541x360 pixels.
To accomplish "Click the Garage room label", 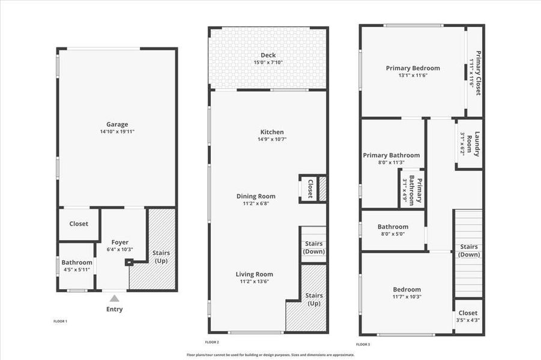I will (117, 125).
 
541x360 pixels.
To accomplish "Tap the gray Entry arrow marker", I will (114, 298).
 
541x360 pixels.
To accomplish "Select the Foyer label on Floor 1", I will (120, 242).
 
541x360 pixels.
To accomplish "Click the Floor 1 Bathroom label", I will (77, 262).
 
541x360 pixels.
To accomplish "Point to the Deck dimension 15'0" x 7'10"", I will (268, 62).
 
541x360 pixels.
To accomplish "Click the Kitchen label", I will (272, 132).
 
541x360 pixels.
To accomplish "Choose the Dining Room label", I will (256, 196).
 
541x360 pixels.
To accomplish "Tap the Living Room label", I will (254, 274).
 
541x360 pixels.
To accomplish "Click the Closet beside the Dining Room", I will (310, 188).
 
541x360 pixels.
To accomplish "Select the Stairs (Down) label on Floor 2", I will (313, 247).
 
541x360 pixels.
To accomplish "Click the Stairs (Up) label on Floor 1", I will (161, 257).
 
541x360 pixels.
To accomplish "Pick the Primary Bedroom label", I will (413, 68).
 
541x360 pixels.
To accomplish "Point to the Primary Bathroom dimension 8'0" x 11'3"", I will (391, 163).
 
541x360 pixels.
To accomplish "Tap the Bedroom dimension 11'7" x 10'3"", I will (407, 296).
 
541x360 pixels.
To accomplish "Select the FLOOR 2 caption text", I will (211, 342).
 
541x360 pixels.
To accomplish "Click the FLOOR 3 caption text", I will (363, 344).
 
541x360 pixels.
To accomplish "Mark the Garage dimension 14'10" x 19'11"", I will (117, 131).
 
